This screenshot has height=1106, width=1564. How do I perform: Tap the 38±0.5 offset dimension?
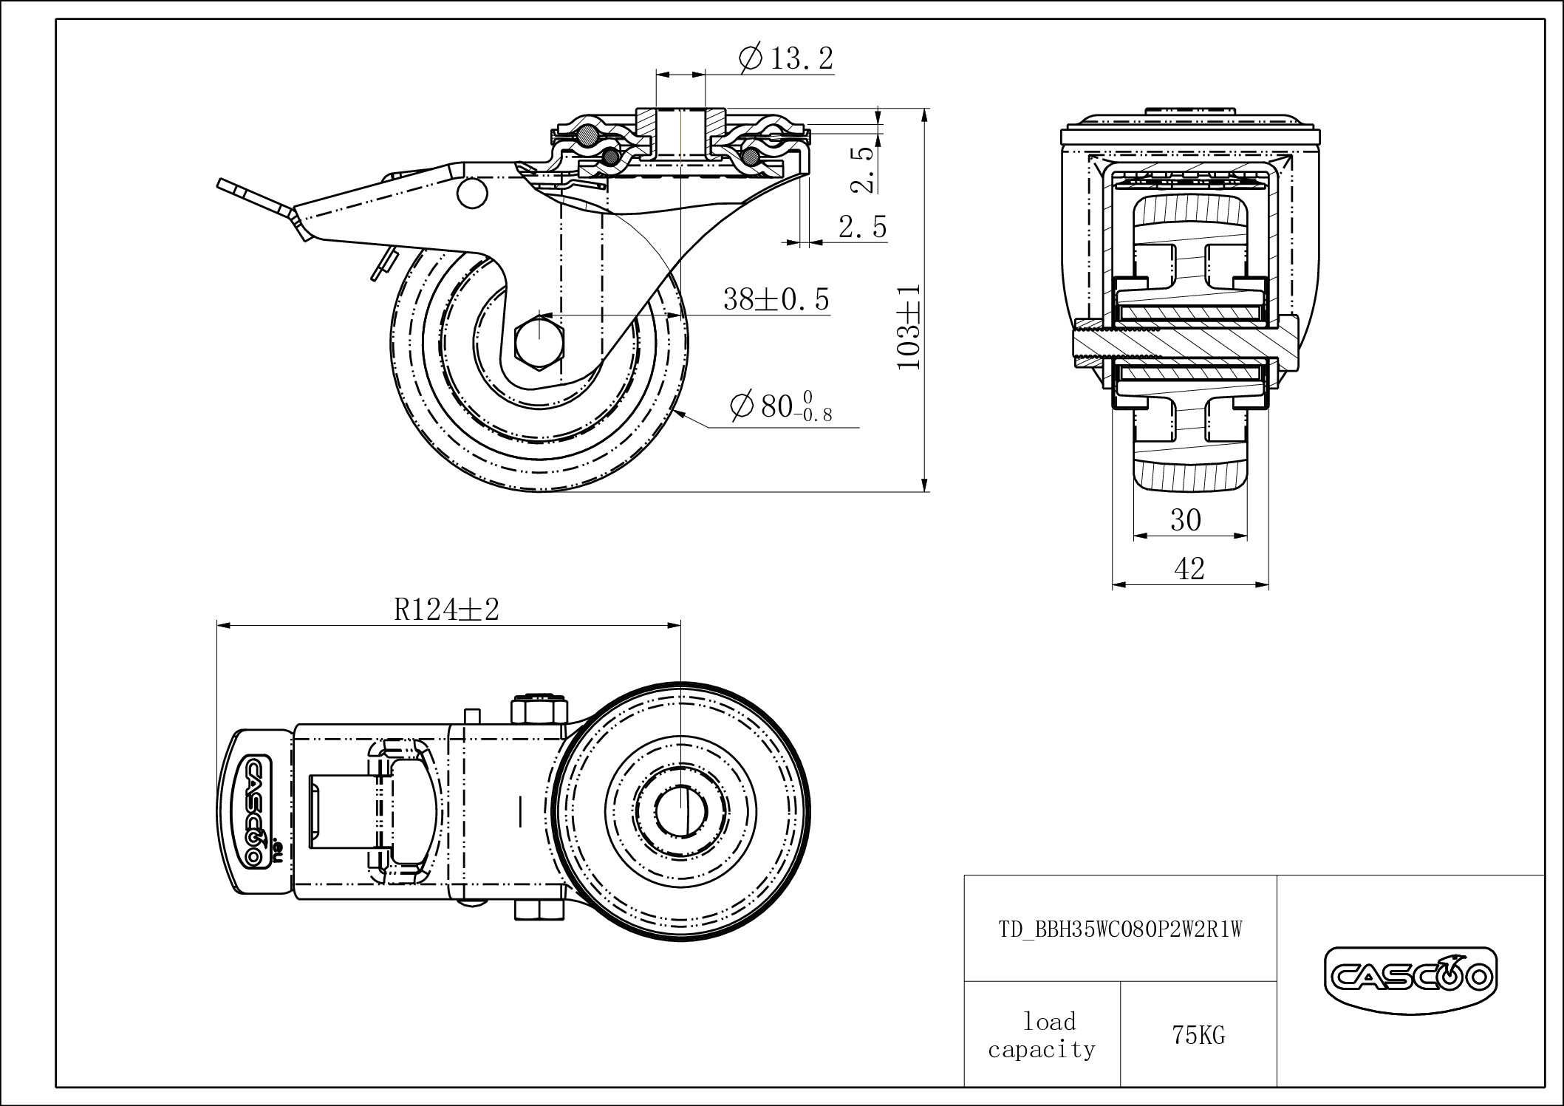click(776, 299)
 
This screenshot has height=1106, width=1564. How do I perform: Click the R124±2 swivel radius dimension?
click(447, 610)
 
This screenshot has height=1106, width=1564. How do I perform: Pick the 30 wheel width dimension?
click(1186, 521)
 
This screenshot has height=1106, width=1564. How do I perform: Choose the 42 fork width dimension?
click(1189, 568)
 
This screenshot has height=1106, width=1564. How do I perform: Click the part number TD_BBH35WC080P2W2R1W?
click(1121, 929)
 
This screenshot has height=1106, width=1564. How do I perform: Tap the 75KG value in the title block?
click(1198, 1036)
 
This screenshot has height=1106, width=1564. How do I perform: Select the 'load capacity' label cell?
click(1042, 1035)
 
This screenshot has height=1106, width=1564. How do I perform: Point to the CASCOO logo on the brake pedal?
click(254, 810)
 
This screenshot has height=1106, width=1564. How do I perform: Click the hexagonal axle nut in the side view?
click(539, 340)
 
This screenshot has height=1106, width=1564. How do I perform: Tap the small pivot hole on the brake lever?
click(472, 193)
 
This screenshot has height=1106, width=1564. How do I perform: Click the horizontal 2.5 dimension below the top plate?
click(862, 227)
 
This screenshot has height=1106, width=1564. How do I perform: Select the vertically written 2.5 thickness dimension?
click(864, 168)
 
